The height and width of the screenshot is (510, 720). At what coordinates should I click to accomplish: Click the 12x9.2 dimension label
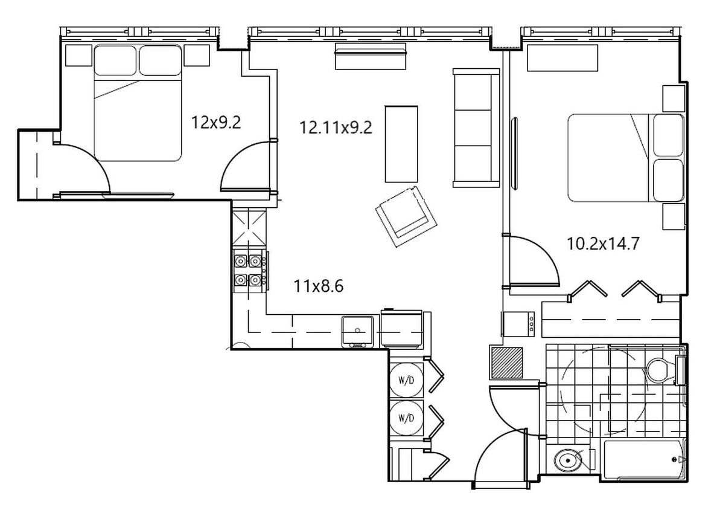click(216, 123)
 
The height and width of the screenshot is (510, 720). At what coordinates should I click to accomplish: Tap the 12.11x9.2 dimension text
click(336, 127)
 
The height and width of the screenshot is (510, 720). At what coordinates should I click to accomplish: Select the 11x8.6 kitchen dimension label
click(319, 286)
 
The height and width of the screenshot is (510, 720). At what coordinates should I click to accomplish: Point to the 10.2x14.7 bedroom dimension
click(603, 244)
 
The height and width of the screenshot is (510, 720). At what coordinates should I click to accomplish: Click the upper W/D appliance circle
click(406, 380)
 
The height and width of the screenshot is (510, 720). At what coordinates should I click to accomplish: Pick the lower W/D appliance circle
click(406, 418)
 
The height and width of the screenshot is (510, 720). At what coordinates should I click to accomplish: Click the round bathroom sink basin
click(568, 460)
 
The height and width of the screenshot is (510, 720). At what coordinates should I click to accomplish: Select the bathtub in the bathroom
click(644, 460)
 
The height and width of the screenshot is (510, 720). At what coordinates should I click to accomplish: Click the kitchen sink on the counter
click(358, 331)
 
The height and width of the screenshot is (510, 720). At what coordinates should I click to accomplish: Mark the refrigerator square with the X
click(249, 228)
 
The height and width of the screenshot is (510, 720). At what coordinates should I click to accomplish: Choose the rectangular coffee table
click(401, 144)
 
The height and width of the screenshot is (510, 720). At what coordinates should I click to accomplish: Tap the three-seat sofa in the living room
click(476, 128)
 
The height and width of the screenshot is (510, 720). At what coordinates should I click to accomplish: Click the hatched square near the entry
click(507, 363)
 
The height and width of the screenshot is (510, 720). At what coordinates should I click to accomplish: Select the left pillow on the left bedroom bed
click(115, 60)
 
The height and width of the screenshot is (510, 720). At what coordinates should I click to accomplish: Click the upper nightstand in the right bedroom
click(673, 98)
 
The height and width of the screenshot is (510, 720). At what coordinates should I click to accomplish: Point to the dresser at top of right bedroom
click(562, 57)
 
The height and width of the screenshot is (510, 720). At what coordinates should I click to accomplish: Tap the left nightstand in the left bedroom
click(78, 55)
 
